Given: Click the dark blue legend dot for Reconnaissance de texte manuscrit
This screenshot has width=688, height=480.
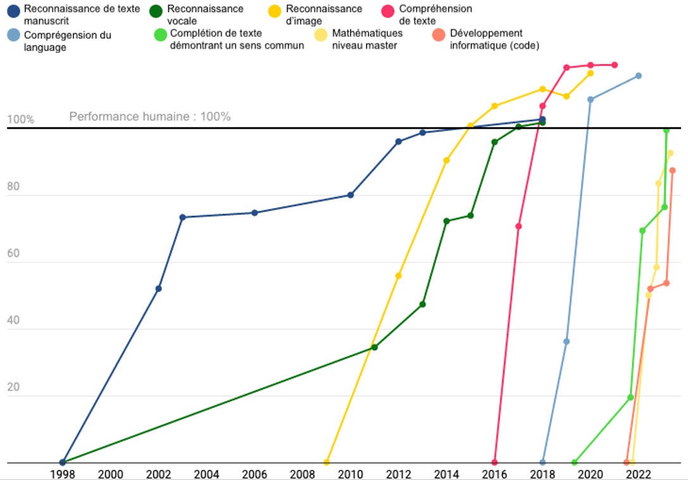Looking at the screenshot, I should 13,9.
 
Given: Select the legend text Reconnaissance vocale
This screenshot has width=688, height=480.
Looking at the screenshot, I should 205,15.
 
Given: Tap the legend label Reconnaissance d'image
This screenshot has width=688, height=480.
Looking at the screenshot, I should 324,15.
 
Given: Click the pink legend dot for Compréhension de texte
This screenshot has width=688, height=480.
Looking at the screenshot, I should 387,9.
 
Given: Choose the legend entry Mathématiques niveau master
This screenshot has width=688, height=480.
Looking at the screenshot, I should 367,39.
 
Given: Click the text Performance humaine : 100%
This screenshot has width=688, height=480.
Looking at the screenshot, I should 150,117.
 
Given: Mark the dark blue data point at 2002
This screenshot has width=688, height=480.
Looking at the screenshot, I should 158,289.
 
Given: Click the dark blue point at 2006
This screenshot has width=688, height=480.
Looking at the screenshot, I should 254,213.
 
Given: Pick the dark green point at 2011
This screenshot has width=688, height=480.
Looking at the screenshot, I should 374,347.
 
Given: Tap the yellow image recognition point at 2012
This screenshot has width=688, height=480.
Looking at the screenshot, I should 398,276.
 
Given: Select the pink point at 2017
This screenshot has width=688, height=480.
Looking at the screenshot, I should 518,226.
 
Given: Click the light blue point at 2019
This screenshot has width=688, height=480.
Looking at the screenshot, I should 566,342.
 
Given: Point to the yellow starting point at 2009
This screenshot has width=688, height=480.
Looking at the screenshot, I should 327,462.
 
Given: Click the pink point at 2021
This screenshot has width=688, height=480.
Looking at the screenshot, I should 615,65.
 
